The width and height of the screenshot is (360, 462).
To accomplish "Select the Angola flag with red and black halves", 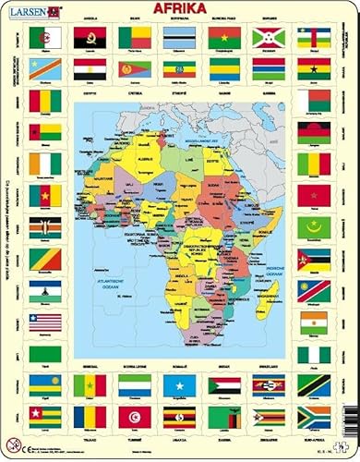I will tap(90, 37).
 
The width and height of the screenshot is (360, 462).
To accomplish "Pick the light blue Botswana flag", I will tap(179, 37).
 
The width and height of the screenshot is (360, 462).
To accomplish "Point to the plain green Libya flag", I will tap(44, 354).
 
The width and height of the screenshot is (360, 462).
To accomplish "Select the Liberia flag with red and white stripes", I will tap(44, 322).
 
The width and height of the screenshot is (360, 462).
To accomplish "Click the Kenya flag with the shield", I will tap(44, 227).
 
